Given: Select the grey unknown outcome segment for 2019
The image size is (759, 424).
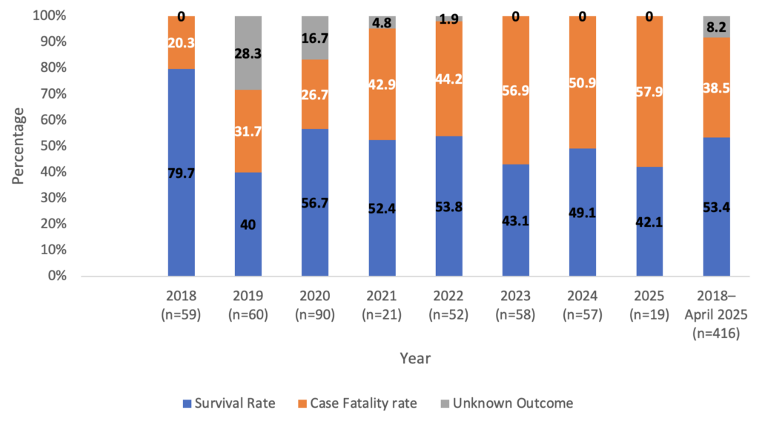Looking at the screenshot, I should [x=248, y=53].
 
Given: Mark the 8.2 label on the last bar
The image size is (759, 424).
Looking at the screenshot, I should [x=716, y=29].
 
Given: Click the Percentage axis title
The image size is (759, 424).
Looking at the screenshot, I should [x=18, y=145].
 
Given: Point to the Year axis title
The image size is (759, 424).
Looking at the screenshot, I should [x=414, y=358].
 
